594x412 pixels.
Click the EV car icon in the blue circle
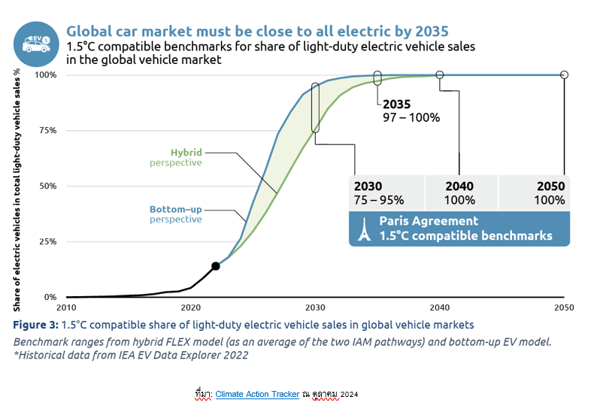[x=35, y=44]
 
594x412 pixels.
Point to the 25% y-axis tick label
[x=47, y=241]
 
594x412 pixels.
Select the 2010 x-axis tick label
[x=66, y=307]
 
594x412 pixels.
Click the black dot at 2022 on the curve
[x=216, y=266]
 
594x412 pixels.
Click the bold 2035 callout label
[x=397, y=105]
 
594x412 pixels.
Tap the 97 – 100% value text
[x=411, y=117]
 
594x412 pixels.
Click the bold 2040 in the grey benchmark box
[x=459, y=186]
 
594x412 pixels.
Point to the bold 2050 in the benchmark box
[x=550, y=186]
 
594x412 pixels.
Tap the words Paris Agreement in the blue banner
[x=428, y=221]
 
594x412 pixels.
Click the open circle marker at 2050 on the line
[x=565, y=74]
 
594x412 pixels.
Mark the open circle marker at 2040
[x=440, y=74]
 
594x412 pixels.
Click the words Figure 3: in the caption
[x=37, y=325]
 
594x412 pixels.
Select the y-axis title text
[x=17, y=188]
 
